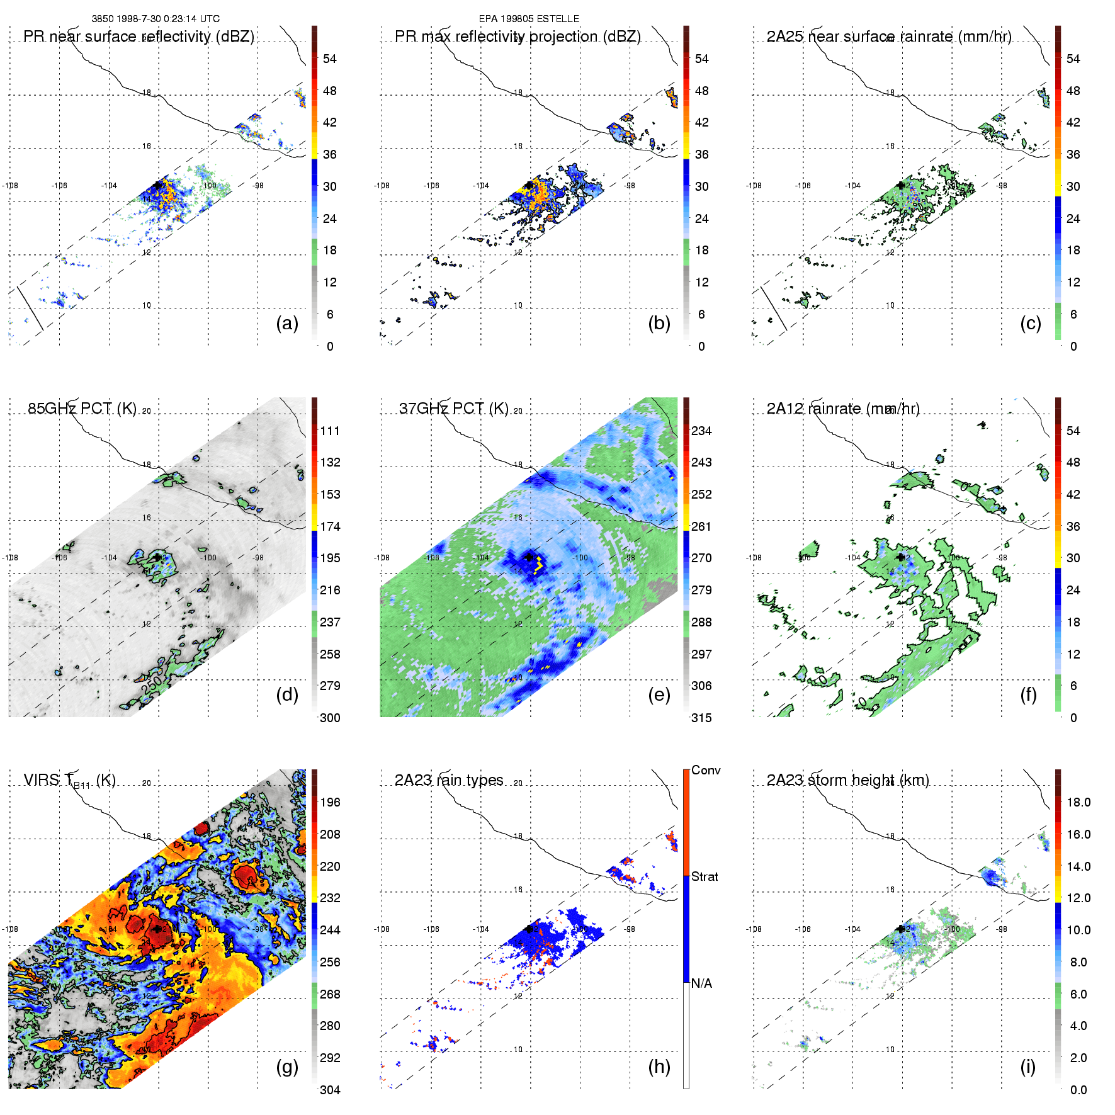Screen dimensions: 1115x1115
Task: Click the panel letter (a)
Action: click(x=287, y=324)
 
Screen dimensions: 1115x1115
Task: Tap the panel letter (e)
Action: click(x=659, y=695)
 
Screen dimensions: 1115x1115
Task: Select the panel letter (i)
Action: click(x=1027, y=1067)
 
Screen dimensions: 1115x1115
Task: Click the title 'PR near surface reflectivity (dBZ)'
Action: click(x=139, y=37)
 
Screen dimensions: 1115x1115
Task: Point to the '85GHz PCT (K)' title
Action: click(x=82, y=409)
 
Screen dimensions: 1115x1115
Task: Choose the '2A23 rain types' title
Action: click(x=449, y=780)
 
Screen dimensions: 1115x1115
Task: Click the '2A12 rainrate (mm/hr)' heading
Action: click(x=843, y=409)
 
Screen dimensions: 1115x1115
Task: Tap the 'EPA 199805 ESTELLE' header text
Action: click(x=529, y=19)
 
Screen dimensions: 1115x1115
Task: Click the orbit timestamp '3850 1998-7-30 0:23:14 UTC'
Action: click(x=156, y=19)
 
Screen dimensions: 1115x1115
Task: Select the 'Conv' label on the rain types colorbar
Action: click(x=706, y=770)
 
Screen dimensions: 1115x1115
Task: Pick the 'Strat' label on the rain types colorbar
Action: click(x=705, y=876)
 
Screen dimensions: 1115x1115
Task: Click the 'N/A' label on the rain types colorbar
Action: click(x=701, y=983)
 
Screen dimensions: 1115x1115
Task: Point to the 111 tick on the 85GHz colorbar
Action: click(x=330, y=431)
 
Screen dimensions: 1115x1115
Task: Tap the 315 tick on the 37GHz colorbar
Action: click(x=701, y=718)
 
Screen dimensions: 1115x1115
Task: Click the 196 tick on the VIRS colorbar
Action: click(x=330, y=802)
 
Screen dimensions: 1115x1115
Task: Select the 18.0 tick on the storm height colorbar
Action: click(x=1078, y=802)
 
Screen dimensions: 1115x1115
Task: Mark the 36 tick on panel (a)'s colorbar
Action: click(x=330, y=154)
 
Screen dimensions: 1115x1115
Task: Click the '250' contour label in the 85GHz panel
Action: click(x=151, y=684)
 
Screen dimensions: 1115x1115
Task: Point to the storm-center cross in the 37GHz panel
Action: click(x=529, y=557)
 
